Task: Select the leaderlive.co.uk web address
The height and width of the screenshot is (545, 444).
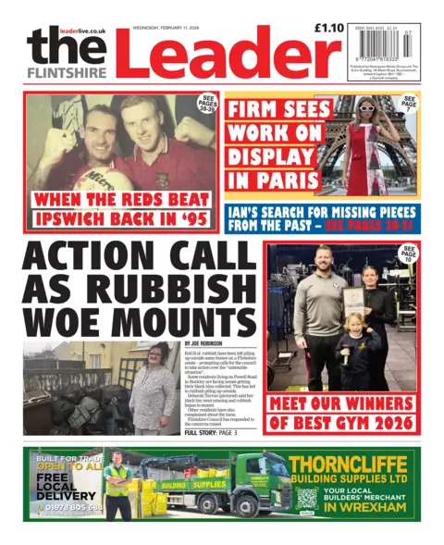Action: coord(82,31)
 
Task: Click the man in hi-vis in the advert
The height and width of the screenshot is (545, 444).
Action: coord(117,487)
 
